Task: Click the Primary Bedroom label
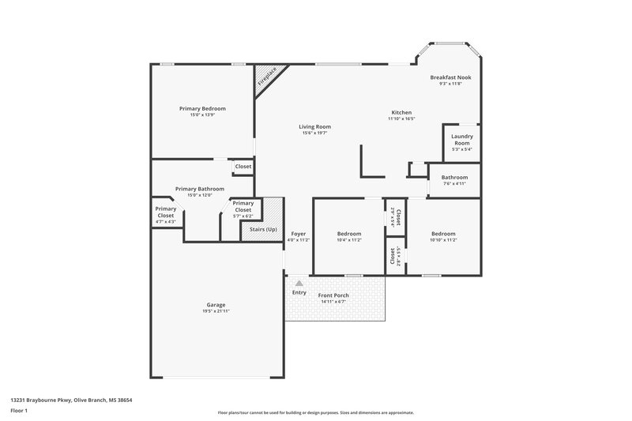coord(202,108)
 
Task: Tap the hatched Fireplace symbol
coord(266,77)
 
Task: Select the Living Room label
coord(314,126)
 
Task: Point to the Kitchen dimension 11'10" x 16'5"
coord(401,119)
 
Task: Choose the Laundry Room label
coord(461,139)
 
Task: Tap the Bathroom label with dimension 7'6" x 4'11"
coord(454,178)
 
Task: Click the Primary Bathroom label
coord(200,189)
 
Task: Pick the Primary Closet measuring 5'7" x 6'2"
coord(243,206)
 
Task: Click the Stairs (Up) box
coord(264,229)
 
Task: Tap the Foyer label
coord(298,234)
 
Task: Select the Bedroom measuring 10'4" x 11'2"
coord(349,234)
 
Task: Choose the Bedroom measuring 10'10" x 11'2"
coord(443,234)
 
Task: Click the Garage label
coord(216,305)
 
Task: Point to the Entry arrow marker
coord(299,282)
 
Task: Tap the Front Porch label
coord(333,295)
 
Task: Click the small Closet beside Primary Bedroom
coord(243,167)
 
